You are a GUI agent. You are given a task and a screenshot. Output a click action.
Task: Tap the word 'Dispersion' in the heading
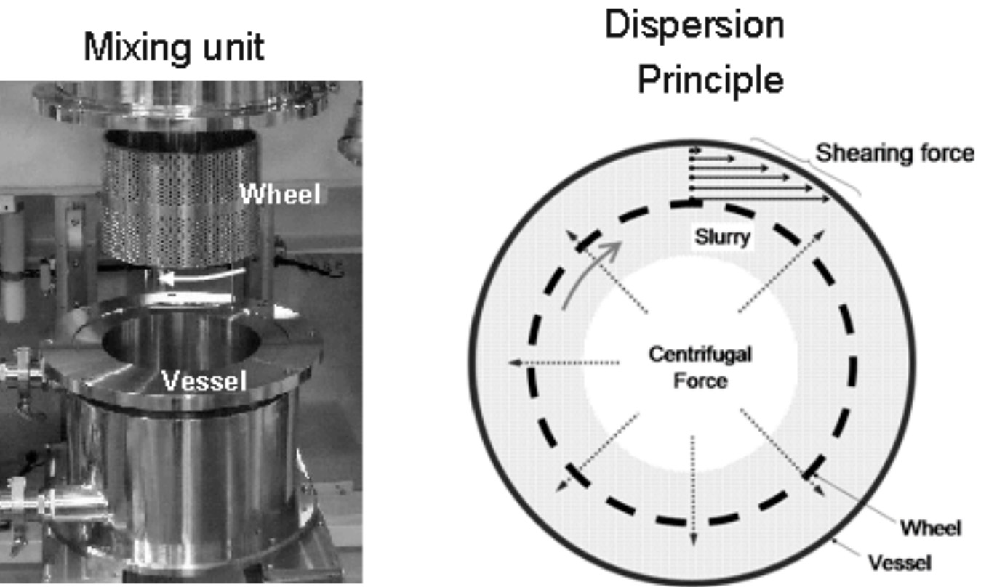[x=694, y=27]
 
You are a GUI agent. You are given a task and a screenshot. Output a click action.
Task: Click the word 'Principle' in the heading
[x=710, y=81]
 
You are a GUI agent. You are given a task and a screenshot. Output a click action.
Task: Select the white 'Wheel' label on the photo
[x=280, y=194]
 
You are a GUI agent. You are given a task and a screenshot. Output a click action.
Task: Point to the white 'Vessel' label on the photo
[x=203, y=381]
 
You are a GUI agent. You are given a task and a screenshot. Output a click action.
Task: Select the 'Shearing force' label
[x=894, y=153]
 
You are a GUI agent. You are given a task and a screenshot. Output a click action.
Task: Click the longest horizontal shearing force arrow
[x=760, y=198]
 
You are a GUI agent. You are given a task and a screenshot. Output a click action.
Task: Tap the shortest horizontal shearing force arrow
[x=696, y=149]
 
